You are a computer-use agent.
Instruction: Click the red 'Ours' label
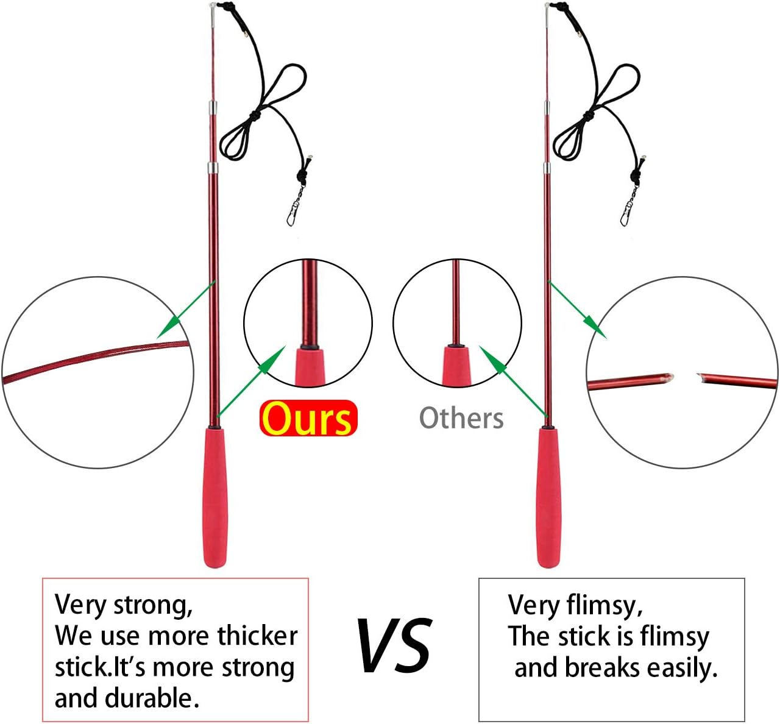[308, 418]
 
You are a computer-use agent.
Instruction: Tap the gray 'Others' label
[461, 418]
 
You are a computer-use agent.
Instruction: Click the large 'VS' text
[394, 644]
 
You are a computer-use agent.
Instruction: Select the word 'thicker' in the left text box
[257, 636]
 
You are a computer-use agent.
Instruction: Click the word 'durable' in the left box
[149, 698]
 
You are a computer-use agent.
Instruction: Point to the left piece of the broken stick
[630, 382]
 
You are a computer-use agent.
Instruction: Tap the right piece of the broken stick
[737, 380]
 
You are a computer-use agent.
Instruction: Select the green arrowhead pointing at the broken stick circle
[595, 327]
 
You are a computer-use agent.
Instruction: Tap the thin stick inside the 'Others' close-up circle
[456, 302]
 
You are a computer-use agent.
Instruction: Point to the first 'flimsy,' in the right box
[604, 606]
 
